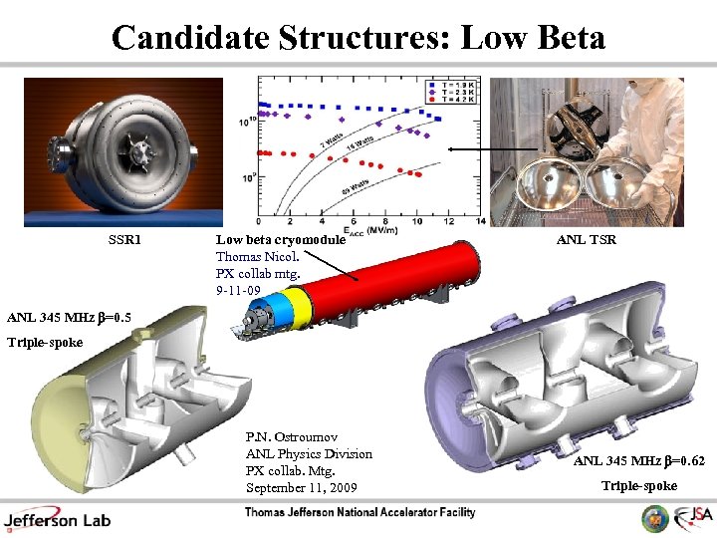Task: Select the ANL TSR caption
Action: (586, 240)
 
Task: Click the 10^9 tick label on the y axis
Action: (246, 177)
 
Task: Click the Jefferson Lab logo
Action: (57, 517)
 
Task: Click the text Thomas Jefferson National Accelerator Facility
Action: (360, 513)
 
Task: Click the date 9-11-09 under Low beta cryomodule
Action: (238, 290)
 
